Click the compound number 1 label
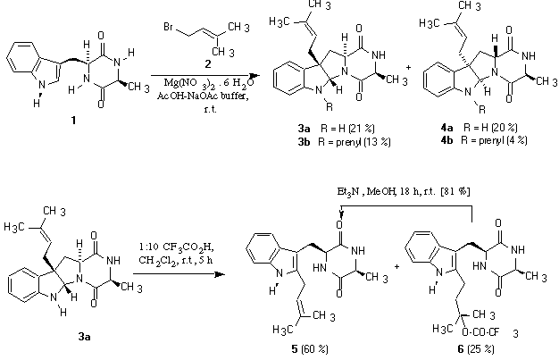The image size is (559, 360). coord(73,121)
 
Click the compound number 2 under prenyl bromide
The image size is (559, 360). coord(207,64)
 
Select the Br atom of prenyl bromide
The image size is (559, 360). coord(169,27)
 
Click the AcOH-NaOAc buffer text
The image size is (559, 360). coord(203,96)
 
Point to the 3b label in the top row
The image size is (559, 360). coord(305,142)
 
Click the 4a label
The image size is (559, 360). coord(446,128)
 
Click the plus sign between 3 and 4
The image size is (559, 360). coord(409,67)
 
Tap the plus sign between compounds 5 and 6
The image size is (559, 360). coord(396,266)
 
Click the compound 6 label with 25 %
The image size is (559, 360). coord(476,349)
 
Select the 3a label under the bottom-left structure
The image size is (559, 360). coord(85,337)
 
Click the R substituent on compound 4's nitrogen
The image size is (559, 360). coord(482,110)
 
